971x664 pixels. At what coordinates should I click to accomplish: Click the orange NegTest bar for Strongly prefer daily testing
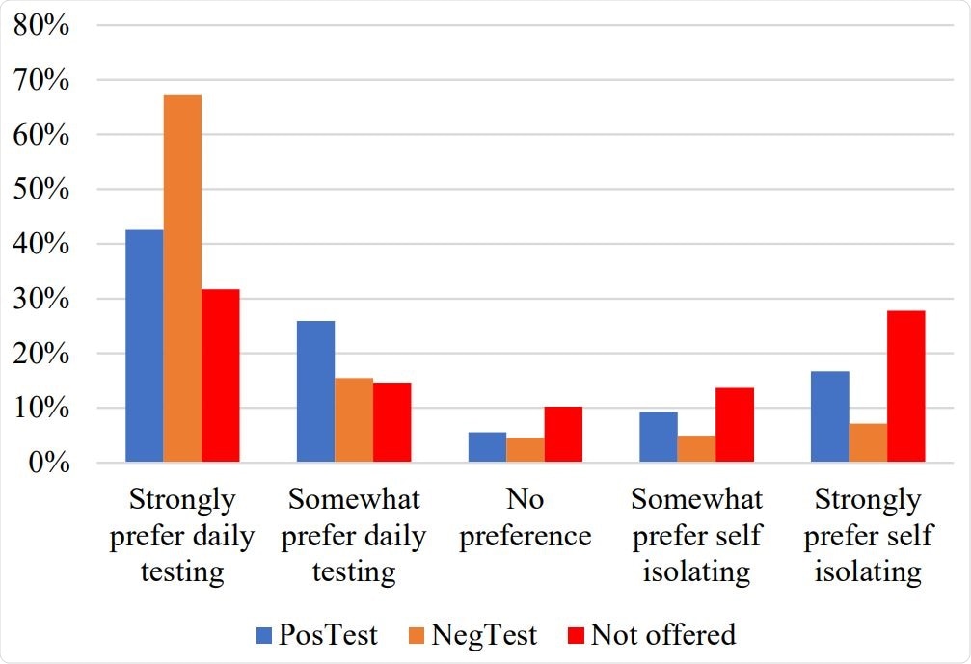pos(182,279)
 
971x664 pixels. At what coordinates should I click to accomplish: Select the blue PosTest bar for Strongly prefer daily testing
pos(144,346)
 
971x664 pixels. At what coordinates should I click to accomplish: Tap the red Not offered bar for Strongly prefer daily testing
pos(220,376)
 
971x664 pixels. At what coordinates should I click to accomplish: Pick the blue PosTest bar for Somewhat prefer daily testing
pos(315,391)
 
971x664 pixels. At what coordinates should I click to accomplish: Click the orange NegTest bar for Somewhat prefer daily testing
pos(354,420)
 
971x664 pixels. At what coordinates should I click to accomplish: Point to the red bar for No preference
pos(563,435)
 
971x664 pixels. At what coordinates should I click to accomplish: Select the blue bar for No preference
pos(487,447)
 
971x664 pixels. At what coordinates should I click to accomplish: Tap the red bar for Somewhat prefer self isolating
pos(735,425)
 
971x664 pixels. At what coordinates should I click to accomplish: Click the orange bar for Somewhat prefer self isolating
pos(696,449)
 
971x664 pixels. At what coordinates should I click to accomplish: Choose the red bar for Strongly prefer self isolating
pos(906,386)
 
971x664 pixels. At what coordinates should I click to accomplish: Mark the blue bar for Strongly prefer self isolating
pos(830,416)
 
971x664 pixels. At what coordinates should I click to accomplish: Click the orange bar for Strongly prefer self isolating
pos(868,443)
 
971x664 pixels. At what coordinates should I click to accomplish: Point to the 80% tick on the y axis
pos(42,26)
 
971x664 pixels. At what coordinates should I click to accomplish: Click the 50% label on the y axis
pos(42,190)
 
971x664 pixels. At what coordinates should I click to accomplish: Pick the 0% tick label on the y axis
pos(48,464)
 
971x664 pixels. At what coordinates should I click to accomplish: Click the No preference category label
pos(525,518)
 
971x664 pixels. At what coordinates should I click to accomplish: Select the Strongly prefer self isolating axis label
pos(868,536)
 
